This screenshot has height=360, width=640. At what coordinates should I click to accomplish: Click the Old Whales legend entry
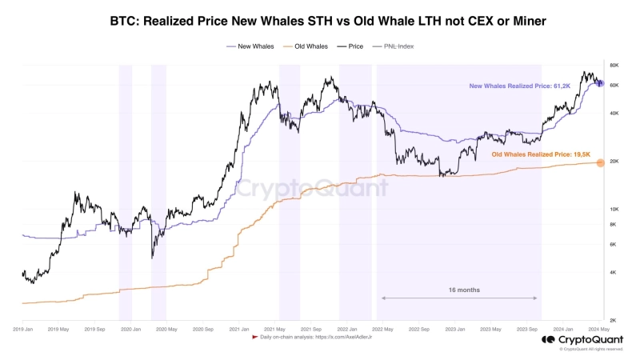tap(311, 46)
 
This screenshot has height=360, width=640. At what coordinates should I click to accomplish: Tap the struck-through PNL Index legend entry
tap(398, 46)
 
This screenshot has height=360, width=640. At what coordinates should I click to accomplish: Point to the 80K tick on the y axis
tap(614, 65)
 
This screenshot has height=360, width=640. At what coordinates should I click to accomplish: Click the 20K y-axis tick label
tap(614, 162)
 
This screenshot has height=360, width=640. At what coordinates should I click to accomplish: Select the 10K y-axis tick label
tap(614, 210)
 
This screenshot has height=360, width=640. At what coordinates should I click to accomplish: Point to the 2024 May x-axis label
tap(598, 329)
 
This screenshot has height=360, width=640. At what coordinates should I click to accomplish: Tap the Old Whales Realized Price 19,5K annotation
tap(541, 154)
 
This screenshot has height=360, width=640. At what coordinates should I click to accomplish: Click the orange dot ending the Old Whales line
tap(600, 162)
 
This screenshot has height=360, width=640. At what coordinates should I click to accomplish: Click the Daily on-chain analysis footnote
tap(316, 337)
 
